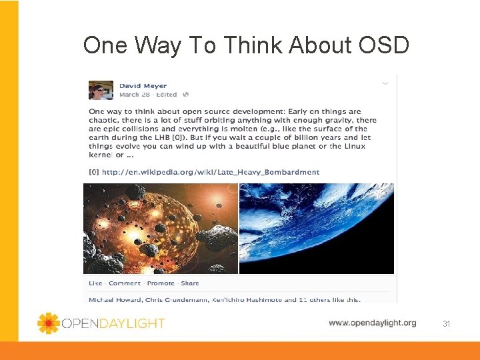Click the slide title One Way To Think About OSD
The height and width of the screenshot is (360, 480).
[246, 45]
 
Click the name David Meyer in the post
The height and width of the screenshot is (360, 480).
[143, 85]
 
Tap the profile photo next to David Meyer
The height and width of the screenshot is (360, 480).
[101, 90]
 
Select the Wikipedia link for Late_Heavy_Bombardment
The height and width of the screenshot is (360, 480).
[210, 172]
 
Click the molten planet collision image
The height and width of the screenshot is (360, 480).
[160, 228]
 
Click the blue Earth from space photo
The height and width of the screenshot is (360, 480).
[317, 228]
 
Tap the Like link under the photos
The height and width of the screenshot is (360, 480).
[95, 283]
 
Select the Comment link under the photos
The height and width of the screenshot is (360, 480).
[125, 283]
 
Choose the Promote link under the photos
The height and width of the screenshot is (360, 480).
[161, 283]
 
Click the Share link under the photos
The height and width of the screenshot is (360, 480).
[190, 283]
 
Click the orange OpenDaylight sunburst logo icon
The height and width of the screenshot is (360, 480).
[48, 323]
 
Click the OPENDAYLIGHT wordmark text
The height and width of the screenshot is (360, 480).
[113, 323]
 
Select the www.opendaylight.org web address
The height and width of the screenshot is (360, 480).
[372, 323]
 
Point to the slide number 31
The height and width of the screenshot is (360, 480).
[447, 323]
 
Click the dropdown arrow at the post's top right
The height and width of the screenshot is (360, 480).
[385, 83]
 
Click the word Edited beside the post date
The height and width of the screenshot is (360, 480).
[167, 95]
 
